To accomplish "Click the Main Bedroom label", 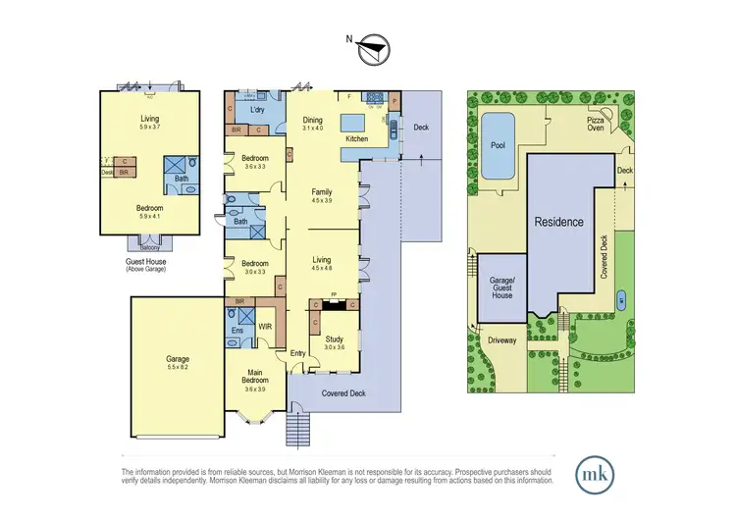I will click(255, 376).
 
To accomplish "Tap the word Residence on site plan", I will click(558, 222).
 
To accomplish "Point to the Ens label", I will click(237, 331).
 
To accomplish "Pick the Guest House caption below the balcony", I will click(148, 263).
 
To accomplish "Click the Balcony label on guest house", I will click(148, 247).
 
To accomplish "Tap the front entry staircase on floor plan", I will click(296, 428).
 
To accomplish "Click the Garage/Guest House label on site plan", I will click(501, 286).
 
